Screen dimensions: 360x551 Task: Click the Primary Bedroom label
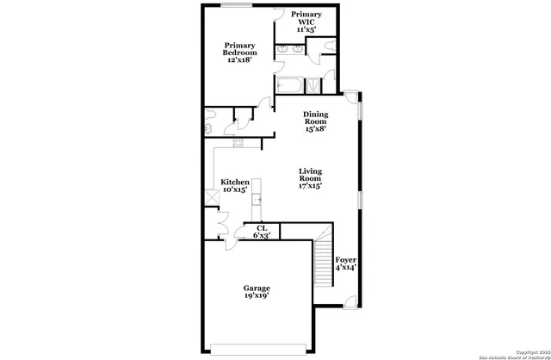[x=241, y=53]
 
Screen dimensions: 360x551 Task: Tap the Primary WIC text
[x=306, y=22]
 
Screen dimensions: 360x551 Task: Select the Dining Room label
[x=315, y=122]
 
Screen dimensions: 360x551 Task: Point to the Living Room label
[x=311, y=178]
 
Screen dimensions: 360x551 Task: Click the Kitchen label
[x=235, y=186]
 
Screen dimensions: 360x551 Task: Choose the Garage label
[x=257, y=292]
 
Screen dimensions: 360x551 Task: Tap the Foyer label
[x=346, y=263]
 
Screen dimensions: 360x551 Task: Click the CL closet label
[x=261, y=231]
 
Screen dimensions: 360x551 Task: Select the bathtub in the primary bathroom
[x=288, y=84]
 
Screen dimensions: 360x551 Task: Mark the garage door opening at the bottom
[x=257, y=349]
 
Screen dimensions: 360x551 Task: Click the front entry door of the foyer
[x=349, y=301]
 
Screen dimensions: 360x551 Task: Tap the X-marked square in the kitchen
[x=209, y=197]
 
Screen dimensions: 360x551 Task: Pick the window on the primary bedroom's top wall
[x=234, y=5]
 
